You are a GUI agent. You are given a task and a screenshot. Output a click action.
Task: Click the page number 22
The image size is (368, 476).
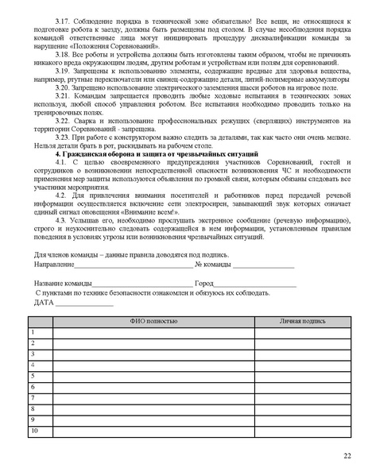point(347,455)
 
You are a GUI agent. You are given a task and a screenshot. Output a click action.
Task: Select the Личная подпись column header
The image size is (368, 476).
point(302,321)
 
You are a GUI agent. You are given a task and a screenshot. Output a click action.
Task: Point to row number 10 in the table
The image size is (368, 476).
point(34,431)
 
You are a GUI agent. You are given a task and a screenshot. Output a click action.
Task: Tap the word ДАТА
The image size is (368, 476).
point(44,303)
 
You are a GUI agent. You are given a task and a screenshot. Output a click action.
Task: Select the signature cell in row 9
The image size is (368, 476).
point(302,420)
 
